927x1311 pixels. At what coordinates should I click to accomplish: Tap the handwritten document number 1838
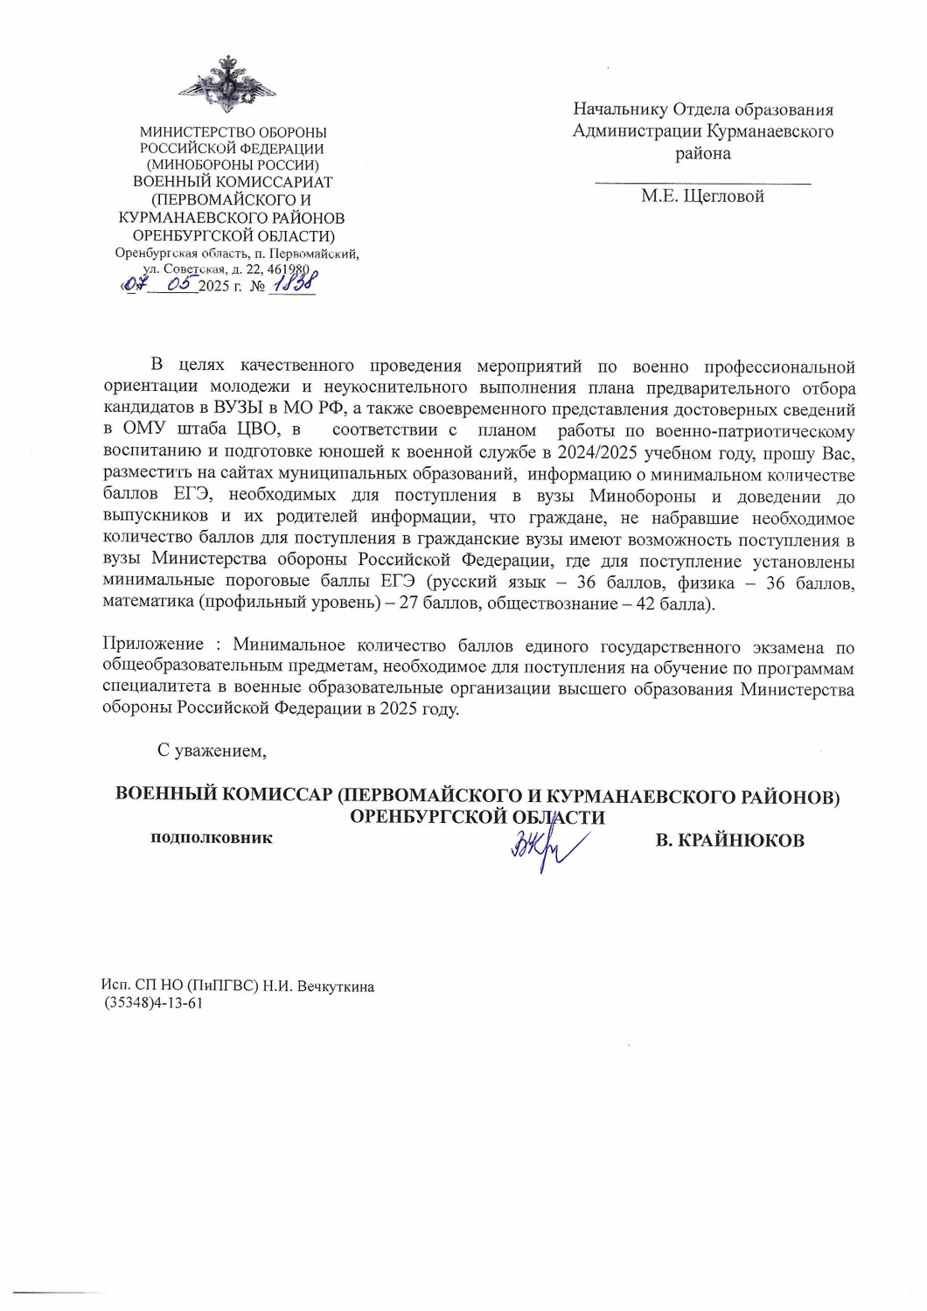295,282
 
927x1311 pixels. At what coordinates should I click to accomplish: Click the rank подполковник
212,838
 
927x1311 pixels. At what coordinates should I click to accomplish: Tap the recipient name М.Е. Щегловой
702,196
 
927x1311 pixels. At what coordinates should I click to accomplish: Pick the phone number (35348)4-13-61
154,1003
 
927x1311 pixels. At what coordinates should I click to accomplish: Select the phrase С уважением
211,750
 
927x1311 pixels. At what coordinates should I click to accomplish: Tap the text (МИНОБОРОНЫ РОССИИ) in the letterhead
233,164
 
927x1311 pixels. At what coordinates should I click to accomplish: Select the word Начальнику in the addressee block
620,109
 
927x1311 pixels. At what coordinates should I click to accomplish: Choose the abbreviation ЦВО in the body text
257,430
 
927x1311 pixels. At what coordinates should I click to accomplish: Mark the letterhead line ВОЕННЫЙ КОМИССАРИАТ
233,182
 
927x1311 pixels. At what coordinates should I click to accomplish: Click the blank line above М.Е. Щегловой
702,181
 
